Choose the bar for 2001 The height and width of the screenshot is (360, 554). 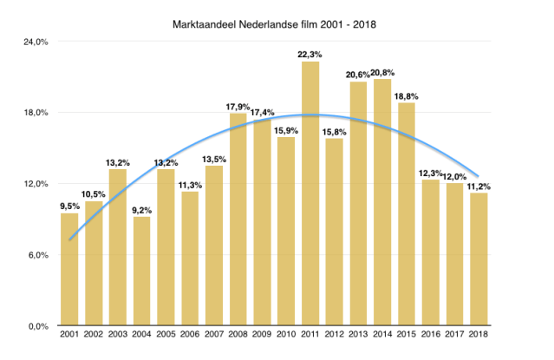pos(69,269)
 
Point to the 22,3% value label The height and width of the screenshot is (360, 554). pos(310,54)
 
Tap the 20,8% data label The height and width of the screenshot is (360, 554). pos(382,72)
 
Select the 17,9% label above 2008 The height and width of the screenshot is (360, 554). pos(238,107)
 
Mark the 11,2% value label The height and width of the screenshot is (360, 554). pos(477,186)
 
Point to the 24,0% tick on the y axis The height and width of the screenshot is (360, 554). pos(34,42)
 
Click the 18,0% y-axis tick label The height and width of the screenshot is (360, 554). pos(34,113)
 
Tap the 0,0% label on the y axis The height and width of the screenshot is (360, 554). pos(36,326)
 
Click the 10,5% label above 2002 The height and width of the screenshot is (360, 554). pos(94,193)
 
